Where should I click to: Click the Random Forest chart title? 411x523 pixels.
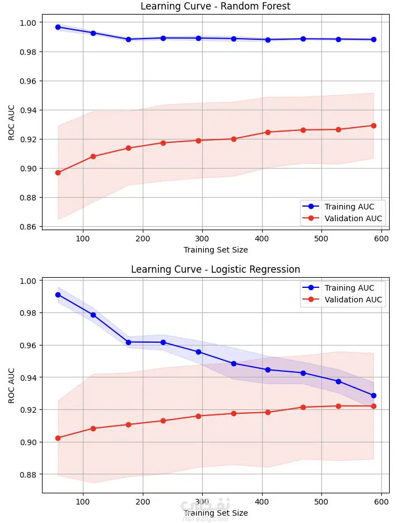216,7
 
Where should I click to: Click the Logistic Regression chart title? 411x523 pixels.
216,269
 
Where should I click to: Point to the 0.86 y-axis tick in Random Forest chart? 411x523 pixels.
28,227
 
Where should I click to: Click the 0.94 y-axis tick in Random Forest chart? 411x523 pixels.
28,110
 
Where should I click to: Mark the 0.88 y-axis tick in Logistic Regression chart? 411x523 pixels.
28,475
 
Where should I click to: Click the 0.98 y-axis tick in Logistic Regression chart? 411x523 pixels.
28,313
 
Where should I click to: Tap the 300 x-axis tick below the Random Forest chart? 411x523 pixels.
202,237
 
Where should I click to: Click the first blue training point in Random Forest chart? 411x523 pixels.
58,27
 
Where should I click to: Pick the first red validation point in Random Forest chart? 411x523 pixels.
58,172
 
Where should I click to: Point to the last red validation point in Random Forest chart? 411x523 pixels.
373,125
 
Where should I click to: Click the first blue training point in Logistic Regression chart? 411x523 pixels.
58,295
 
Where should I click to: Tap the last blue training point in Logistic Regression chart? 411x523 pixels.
373,395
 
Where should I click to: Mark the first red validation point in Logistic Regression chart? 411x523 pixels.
58,438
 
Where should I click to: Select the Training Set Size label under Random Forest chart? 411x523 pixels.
216,250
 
